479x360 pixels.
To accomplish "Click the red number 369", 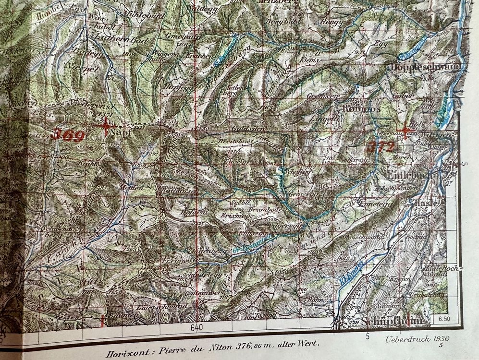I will pyautogui.click(x=69, y=134).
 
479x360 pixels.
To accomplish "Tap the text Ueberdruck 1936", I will pyautogui.click(x=416, y=338).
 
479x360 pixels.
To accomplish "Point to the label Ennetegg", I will pyautogui.click(x=372, y=204).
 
